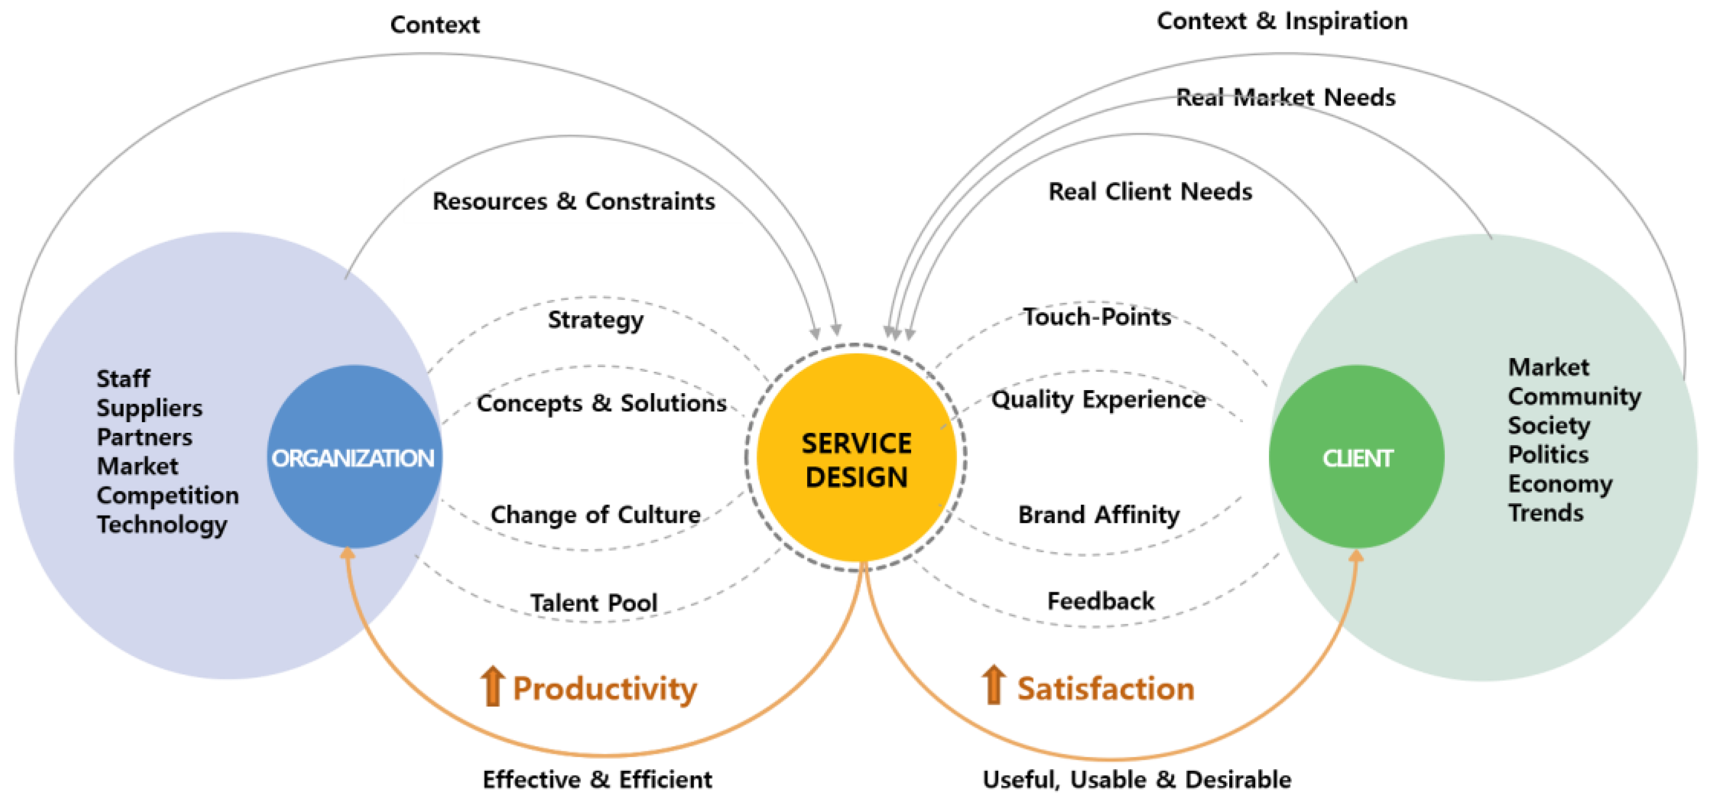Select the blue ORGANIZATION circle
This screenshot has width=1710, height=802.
coord(354,457)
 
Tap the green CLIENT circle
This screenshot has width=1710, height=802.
coord(1356,457)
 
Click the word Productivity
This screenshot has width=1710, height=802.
coord(605,688)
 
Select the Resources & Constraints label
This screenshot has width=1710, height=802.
coord(573,201)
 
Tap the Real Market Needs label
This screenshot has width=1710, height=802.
coord(1285,98)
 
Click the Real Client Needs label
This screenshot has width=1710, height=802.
coord(1150,192)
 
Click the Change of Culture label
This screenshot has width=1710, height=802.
coord(595,514)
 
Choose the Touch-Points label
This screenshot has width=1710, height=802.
coord(1097,317)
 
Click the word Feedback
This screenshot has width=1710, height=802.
coord(1100,601)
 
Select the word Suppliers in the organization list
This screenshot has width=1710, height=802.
coord(149,408)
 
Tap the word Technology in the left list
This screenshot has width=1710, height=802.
coord(162,524)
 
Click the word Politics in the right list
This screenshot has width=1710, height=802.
coord(1548,455)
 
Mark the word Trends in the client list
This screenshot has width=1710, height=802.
coord(1546,513)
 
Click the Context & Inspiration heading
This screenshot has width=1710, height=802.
coord(1282,21)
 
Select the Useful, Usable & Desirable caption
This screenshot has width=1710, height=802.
coord(1137,780)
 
